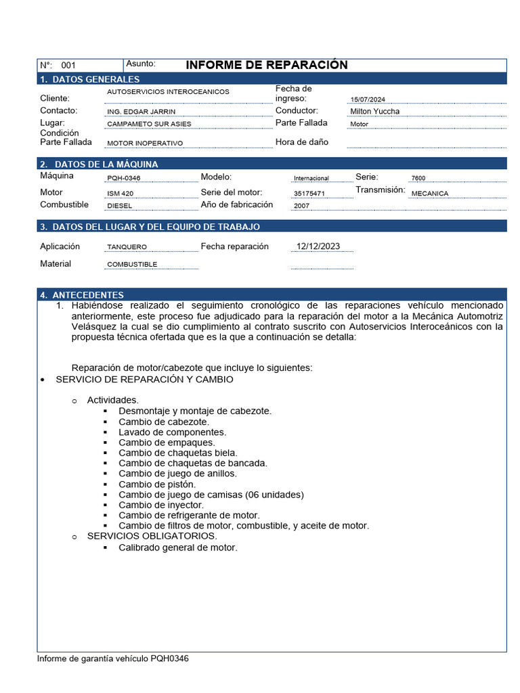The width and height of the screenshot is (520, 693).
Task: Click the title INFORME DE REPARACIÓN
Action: pos(266,65)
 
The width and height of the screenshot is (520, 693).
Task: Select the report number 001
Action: pos(68,66)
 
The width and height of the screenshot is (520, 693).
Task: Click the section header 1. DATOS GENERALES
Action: pos(89,79)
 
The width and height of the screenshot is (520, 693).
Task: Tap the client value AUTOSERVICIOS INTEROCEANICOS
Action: pos(168,91)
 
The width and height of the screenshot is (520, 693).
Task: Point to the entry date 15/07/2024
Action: pos(367,99)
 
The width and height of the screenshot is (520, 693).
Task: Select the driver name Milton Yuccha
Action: pos(374,111)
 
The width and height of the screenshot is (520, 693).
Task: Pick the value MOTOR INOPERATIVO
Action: pos(145,143)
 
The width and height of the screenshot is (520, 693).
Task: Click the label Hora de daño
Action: pos(301,142)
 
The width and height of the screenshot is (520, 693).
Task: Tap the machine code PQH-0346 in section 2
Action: pos(124,178)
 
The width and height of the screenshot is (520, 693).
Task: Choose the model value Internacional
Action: pos(311,178)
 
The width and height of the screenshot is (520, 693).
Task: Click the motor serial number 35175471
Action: pos(309,194)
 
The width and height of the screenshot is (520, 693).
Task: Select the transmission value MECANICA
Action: pos(429,194)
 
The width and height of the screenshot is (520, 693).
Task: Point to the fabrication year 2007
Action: pos(301,206)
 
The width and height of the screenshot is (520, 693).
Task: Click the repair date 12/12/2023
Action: pos(318,246)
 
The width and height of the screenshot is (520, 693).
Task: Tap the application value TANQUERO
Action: pos(127,248)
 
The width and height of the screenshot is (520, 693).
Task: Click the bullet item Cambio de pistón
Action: pos(156,484)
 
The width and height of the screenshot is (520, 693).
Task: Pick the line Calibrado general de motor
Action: pos(177,547)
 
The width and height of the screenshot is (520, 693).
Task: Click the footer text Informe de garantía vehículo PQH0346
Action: pos(112,658)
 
